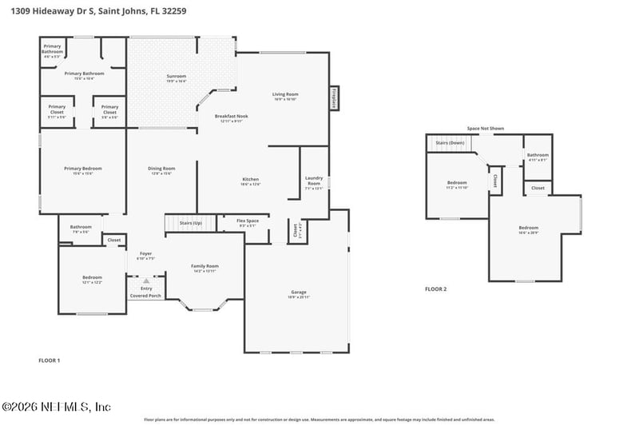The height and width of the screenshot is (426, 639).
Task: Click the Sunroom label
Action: pos(177,78)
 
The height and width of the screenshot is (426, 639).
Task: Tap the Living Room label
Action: pos(285,96)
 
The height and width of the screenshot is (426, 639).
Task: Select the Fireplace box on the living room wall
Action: pos(333,98)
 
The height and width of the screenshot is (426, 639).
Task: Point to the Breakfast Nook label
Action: pos(231,118)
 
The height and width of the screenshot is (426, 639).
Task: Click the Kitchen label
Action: pos(251,181)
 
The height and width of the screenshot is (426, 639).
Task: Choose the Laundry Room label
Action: pos(314,183)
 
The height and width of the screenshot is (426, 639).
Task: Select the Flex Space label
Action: pos(248,223)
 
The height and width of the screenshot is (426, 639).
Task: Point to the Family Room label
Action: pos(204,268)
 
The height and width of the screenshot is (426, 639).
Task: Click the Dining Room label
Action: pos(161,170)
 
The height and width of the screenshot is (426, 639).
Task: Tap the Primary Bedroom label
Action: pos(83,170)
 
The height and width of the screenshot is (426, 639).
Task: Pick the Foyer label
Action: pos(145,256)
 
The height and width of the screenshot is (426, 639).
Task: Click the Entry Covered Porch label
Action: pos(145,292)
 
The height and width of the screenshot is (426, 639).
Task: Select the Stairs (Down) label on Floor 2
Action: pos(450,142)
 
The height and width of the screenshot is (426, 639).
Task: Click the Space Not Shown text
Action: pos(486,128)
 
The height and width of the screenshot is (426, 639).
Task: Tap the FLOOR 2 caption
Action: pos(435,289)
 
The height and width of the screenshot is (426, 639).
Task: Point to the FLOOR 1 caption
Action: pos(50,360)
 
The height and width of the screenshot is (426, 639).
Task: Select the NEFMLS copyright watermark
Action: pos(56,407)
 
